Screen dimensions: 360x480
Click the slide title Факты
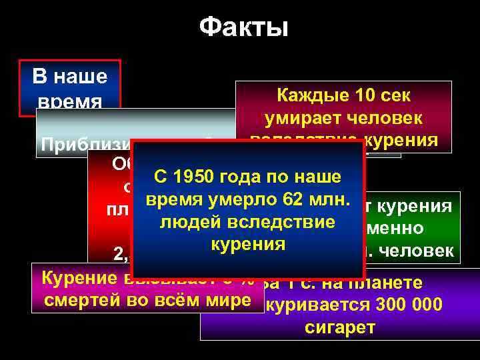(x=243, y=27)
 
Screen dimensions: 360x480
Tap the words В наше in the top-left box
(x=70, y=77)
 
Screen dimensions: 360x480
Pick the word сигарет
(x=340, y=327)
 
